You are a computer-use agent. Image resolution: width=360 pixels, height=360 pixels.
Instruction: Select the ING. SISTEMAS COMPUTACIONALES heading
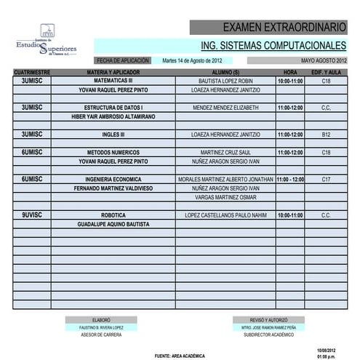click(x=273, y=46)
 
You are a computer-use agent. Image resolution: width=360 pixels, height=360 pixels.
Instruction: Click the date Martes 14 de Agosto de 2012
click(x=187, y=60)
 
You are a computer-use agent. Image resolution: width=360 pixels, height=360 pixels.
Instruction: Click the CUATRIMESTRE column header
click(x=32, y=73)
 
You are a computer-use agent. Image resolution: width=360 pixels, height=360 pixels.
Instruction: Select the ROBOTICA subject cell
click(x=114, y=215)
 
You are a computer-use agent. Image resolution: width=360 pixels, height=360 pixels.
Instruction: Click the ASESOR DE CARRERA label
click(x=101, y=335)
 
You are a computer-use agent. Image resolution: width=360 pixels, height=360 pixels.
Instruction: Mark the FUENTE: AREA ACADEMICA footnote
click(x=180, y=356)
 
